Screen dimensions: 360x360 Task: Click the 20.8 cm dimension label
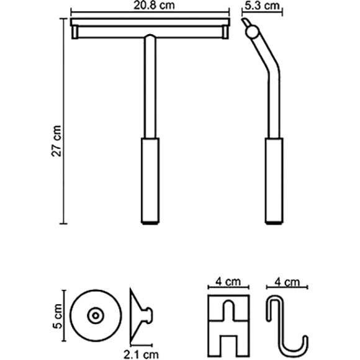154,5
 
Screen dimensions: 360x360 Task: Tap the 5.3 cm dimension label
262,5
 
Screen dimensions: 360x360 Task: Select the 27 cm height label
56,141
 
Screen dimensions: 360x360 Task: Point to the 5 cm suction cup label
57,316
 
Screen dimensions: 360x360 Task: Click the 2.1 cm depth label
141,354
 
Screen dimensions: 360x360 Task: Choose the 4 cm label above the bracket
228,281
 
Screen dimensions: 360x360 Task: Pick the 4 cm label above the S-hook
287,282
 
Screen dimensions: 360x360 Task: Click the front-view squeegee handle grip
150,181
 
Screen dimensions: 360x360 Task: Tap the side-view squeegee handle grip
274,181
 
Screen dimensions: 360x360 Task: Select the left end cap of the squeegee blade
75,32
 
